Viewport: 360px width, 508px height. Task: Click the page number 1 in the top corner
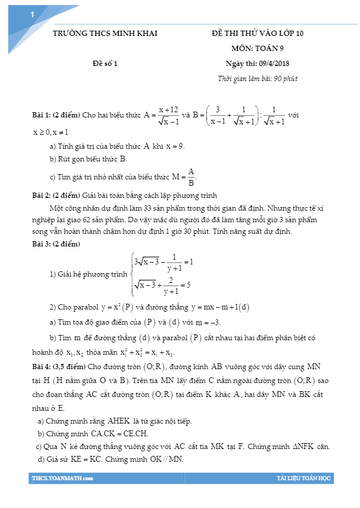(x=32, y=16)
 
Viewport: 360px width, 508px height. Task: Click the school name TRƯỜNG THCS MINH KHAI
(x=105, y=34)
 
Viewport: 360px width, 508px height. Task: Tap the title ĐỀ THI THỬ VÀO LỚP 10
(x=258, y=34)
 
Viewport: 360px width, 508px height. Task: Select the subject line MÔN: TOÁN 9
(x=258, y=48)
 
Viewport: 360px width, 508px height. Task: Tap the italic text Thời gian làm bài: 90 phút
(x=258, y=78)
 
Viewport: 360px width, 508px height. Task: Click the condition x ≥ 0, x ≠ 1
(x=51, y=132)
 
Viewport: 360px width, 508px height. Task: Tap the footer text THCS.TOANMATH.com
(x=63, y=478)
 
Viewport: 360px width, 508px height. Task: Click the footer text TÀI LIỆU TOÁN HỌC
(x=303, y=478)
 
